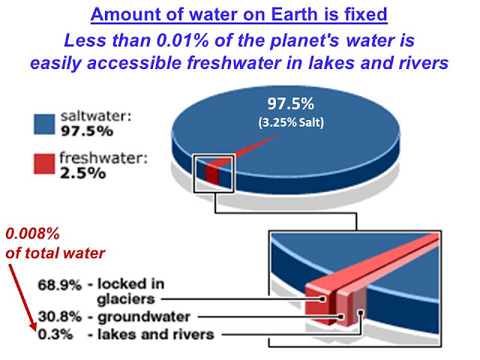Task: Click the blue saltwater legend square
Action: coord(44,124)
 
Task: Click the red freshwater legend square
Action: coord(44,163)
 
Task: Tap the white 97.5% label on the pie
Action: coord(290,103)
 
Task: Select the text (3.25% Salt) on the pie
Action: coord(291,122)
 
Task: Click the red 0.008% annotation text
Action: coord(32,234)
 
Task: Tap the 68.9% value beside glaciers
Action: coord(60,285)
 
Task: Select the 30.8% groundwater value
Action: coord(60,316)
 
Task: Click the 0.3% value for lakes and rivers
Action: coord(55,334)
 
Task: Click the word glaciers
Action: coord(126,299)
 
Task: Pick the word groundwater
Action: coord(144,317)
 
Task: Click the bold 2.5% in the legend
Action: coord(82,173)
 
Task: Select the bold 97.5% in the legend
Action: coord(87,131)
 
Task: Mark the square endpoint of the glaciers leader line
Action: coord(322,299)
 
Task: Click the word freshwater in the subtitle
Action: coord(234,63)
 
